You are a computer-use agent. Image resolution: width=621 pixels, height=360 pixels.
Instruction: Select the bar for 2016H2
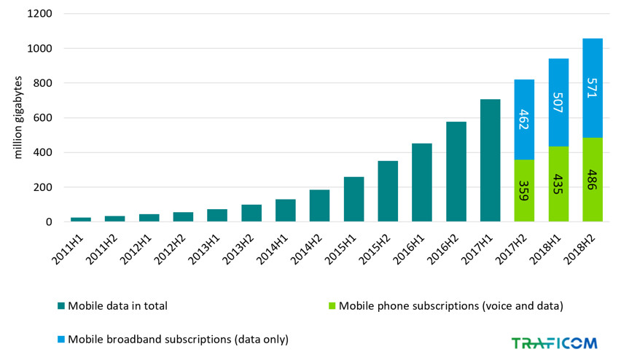[456, 172]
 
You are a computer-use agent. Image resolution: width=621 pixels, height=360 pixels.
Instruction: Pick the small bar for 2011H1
[81, 219]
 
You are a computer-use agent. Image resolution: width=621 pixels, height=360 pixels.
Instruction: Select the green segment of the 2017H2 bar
[524, 190]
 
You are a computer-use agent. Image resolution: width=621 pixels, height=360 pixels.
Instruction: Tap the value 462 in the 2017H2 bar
[524, 120]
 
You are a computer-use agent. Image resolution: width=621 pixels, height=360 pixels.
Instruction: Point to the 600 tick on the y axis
[42, 118]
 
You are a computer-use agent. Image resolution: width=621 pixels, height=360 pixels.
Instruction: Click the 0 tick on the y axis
[49, 222]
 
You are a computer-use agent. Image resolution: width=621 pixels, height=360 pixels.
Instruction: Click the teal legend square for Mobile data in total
[60, 306]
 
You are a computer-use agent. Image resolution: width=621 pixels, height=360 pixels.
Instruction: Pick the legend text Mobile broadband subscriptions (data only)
[178, 339]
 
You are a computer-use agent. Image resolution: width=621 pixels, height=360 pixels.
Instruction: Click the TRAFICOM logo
[554, 343]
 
